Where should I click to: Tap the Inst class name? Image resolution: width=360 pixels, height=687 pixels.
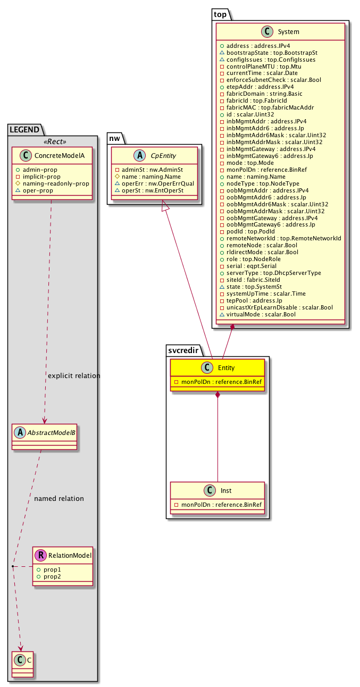(226, 490)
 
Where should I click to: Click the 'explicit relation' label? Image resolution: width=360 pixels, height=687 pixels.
(74, 376)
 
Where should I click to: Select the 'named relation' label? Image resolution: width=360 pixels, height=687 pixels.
(58, 499)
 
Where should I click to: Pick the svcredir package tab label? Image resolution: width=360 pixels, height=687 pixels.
(182, 350)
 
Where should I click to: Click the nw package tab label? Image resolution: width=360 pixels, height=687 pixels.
(116, 138)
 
